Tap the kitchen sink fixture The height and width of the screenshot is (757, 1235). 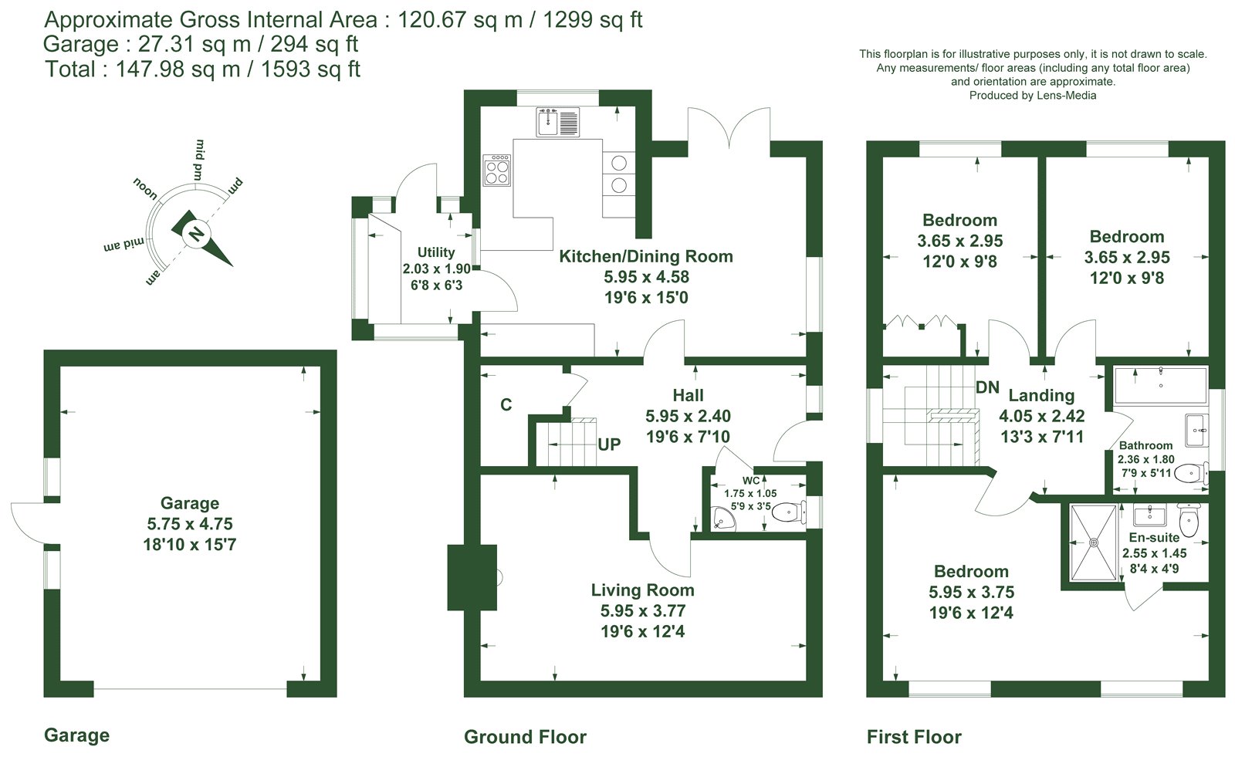click(x=558, y=122)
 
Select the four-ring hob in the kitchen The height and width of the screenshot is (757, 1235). click(x=497, y=170)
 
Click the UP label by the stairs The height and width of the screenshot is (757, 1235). click(x=609, y=444)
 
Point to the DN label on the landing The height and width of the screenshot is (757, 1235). click(x=987, y=387)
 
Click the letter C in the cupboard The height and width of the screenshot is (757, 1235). click(x=506, y=405)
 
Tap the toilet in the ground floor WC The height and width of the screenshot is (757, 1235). click(x=789, y=512)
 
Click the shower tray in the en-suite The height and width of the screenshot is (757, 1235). click(x=1093, y=542)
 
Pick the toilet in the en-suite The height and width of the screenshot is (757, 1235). click(x=1188, y=519)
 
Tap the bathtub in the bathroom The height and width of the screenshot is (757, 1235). click(x=1161, y=386)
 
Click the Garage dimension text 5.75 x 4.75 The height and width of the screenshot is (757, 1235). click(x=190, y=524)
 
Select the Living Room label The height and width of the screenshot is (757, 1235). click(x=642, y=590)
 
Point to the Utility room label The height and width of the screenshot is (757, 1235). click(x=436, y=252)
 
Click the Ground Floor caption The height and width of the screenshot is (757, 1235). click(x=526, y=737)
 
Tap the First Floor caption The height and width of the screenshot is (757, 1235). click(x=914, y=737)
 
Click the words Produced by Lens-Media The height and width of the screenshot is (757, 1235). click(x=1033, y=96)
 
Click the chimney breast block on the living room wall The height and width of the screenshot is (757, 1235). click(x=472, y=577)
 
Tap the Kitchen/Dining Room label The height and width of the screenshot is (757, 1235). click(x=646, y=256)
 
